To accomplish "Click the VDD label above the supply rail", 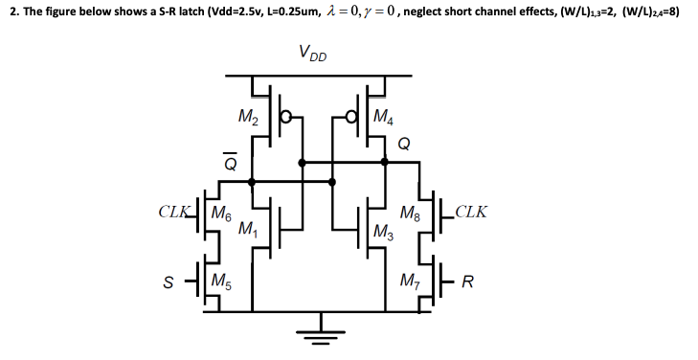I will coord(312,54).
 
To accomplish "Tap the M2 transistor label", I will coord(247,119).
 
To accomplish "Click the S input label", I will coord(168,282).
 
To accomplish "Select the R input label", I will coord(468,282).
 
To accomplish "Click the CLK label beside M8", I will coord(470,211).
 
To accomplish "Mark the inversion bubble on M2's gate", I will coord(285,121).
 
